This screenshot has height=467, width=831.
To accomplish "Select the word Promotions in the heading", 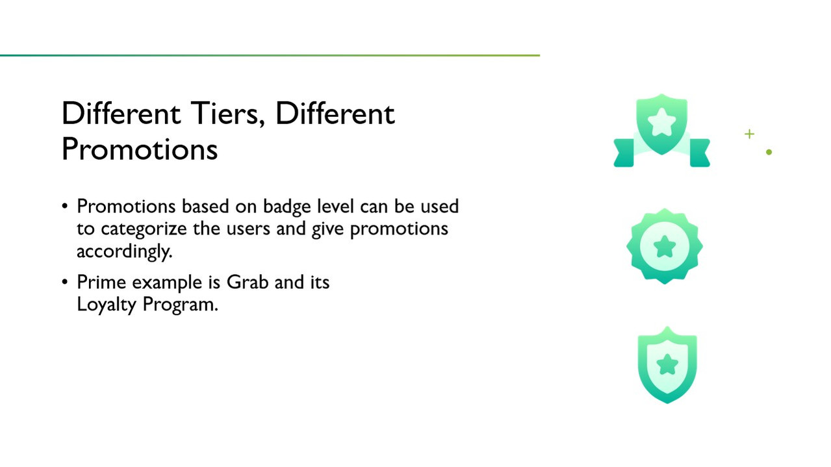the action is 140,149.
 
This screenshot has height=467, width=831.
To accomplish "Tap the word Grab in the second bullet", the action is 248,282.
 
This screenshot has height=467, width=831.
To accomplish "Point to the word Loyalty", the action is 107,305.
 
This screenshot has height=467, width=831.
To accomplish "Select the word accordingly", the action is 125,251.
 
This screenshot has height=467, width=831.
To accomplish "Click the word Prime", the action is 101,282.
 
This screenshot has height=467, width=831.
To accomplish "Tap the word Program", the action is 180,305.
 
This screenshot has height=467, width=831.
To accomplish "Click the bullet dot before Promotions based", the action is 65,206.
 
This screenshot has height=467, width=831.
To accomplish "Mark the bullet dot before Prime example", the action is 65,282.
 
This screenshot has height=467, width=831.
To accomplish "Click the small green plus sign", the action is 749,134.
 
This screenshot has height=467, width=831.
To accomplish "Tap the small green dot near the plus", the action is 769,152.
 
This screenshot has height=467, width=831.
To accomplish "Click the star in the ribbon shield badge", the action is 662,122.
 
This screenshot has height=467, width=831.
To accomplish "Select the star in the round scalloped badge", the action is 665,246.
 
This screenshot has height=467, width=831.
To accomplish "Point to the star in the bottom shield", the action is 667,364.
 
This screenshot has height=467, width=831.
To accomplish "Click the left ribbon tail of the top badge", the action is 624,153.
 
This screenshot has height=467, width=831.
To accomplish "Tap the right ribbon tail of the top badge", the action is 700,153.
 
